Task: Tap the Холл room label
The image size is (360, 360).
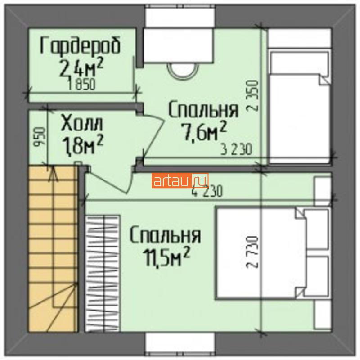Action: (x=82, y=124)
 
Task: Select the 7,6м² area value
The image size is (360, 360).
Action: (x=204, y=132)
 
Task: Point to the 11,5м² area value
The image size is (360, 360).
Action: (x=166, y=256)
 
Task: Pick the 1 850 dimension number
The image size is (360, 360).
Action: (x=81, y=84)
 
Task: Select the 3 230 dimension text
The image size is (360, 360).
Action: (x=237, y=149)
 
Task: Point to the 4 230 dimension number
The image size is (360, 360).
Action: (x=207, y=191)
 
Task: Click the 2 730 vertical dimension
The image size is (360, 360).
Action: (x=252, y=252)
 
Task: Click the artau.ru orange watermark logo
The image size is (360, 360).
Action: (x=180, y=181)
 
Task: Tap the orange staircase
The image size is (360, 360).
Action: (x=53, y=249)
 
